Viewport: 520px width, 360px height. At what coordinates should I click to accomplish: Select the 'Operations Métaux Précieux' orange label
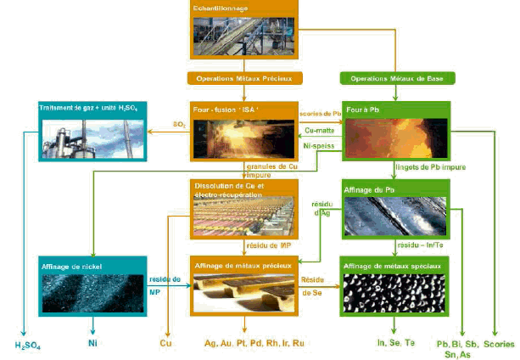(243, 78)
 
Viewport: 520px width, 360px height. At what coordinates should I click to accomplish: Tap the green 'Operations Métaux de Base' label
(398, 78)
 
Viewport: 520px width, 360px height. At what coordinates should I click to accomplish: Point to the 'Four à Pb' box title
(361, 110)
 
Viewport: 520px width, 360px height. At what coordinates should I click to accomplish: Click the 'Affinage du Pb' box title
(371, 188)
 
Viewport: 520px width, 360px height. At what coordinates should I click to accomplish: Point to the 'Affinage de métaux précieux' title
(243, 266)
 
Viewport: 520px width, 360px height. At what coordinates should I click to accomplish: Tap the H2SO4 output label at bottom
(27, 346)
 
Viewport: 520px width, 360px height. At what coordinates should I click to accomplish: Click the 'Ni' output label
(92, 343)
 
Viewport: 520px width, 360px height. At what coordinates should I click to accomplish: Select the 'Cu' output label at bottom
(166, 343)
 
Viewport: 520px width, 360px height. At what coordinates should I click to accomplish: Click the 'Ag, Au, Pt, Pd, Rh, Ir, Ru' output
(254, 343)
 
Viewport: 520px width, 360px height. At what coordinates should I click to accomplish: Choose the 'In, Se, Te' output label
(396, 343)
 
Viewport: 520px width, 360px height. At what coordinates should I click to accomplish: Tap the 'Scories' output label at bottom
(499, 343)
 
